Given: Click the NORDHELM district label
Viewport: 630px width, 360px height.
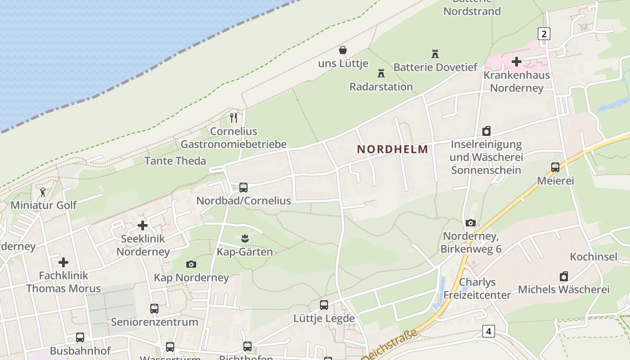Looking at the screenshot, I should (392, 149).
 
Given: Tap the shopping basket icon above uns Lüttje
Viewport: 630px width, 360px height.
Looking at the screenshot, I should (343, 50).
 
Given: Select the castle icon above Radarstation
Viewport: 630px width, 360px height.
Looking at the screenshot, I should (381, 73).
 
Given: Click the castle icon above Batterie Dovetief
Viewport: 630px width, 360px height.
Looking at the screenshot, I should (435, 54).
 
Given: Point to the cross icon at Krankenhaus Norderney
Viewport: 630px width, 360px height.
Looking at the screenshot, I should (517, 61).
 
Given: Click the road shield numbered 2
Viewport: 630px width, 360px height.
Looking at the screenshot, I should (544, 33).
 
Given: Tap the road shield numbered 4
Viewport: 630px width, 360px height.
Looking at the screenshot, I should (488, 332).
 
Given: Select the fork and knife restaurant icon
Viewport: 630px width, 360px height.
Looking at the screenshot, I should (234, 118).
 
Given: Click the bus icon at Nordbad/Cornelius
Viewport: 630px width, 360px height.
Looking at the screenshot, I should (243, 187).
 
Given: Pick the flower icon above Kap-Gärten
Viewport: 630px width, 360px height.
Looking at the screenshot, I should (245, 237).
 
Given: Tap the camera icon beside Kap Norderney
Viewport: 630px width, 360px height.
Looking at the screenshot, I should (191, 264).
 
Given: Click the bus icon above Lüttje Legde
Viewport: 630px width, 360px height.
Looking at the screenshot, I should (324, 305).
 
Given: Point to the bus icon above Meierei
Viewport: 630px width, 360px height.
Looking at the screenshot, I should (555, 167).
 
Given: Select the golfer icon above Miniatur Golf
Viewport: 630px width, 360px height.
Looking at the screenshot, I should (43, 192).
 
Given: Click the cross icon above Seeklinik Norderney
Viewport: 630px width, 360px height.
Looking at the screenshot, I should (143, 225).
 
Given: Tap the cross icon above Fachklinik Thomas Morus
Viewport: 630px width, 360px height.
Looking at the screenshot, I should (63, 262).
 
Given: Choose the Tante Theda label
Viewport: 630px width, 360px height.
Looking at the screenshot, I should (175, 161).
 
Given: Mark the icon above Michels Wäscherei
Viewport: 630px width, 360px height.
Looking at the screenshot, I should (564, 276).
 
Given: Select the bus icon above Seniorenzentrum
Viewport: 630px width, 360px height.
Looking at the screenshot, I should (154, 309).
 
